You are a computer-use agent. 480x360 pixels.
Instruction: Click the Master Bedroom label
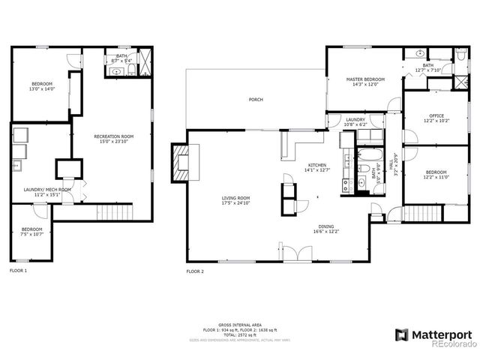pyautogui.click(x=365, y=82)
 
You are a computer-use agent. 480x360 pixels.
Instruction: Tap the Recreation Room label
pyautogui.click(x=113, y=139)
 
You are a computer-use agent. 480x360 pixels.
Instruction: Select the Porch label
pyautogui.click(x=256, y=100)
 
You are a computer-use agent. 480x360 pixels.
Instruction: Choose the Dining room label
pyautogui.click(x=325, y=229)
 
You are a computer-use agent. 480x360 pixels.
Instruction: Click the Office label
pyautogui.click(x=436, y=118)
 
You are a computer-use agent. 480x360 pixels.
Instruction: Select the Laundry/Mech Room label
pyautogui.click(x=47, y=192)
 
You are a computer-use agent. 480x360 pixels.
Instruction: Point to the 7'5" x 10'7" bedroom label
pyautogui.click(x=31, y=231)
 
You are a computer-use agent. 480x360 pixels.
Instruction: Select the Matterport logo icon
pyautogui.click(x=402, y=334)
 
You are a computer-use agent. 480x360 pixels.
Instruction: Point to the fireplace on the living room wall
pyautogui.click(x=179, y=164)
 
